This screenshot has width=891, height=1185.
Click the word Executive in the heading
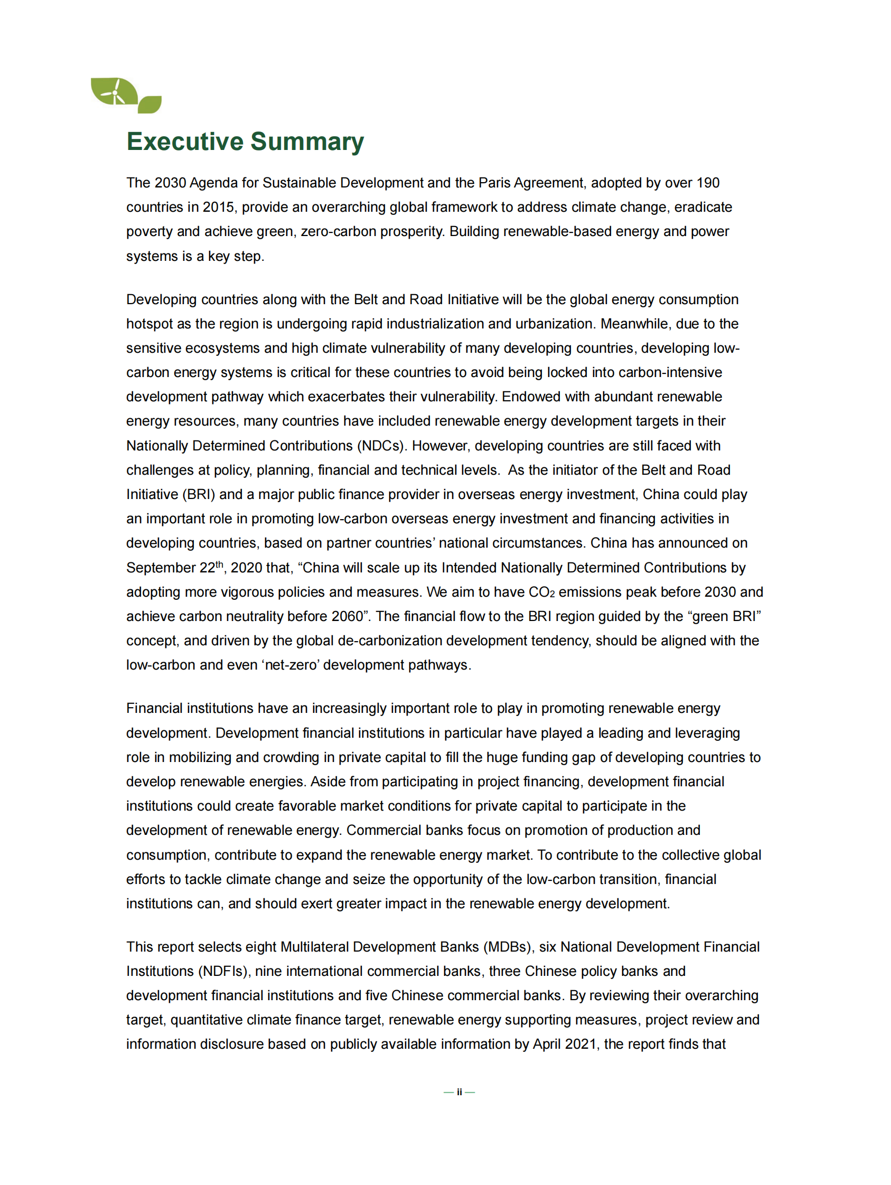coord(185,142)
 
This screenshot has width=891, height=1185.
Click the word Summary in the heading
coord(307,142)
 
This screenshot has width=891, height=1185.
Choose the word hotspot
coord(149,324)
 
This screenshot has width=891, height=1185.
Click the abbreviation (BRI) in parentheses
coord(198,494)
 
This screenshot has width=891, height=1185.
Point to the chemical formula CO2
coord(542,592)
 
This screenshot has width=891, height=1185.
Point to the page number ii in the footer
coord(459,1092)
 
